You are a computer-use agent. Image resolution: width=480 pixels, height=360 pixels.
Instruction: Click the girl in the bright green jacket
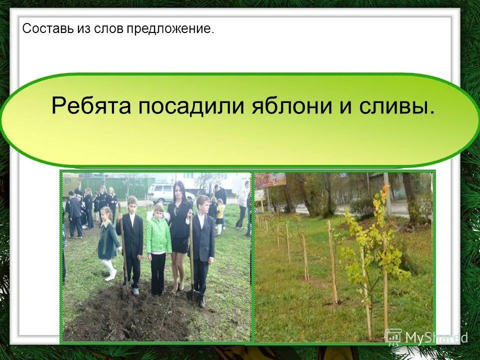(158, 235)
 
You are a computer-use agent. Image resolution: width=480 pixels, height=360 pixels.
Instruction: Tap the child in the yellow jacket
(220, 212)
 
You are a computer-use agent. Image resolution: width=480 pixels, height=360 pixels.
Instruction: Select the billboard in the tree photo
(270, 180)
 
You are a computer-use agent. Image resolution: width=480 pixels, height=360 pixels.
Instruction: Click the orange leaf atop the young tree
(384, 190)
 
